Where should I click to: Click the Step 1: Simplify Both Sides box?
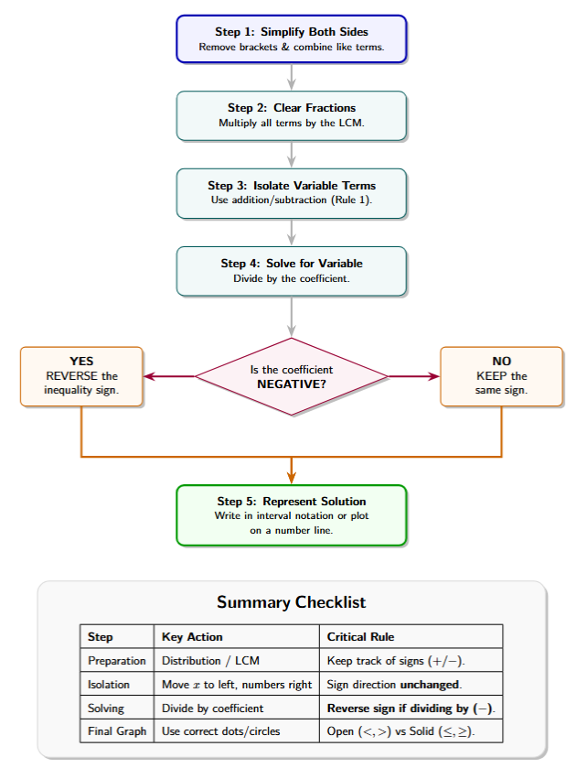pos(292,39)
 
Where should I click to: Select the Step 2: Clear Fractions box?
pos(292,115)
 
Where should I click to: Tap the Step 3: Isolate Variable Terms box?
pos(292,192)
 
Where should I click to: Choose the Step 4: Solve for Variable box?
pos(292,270)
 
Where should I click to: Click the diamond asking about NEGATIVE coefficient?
pos(292,376)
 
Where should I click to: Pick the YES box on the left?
pos(81,376)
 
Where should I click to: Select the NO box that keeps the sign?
pos(501,376)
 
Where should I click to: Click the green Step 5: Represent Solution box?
pos(292,514)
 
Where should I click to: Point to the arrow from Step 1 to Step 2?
pos(292,77)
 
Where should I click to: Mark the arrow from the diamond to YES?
pos(170,376)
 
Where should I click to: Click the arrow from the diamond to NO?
pos(413,376)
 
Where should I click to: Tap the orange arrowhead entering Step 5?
pos(292,476)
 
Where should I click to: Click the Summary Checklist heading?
pos(292,602)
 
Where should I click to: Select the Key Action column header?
pos(192,637)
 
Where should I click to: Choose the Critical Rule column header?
pos(361,637)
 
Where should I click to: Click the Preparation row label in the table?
pos(116,661)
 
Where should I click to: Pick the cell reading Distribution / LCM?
pos(209,661)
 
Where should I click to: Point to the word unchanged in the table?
pos(431,685)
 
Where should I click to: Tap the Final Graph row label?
pos(116,732)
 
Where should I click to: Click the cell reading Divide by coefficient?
pos(212,709)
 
